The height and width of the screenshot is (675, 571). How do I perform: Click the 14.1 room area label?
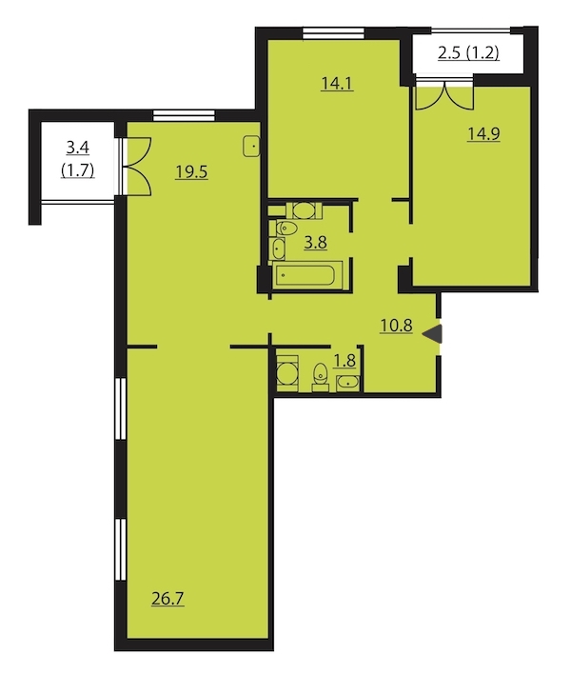tap(337, 84)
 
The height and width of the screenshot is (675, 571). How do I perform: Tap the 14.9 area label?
tap(483, 134)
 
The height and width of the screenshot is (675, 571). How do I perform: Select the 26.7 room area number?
tap(167, 599)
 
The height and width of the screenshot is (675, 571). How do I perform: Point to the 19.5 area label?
tap(191, 172)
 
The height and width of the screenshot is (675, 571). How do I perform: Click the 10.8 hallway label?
tap(396, 326)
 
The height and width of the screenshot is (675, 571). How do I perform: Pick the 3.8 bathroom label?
tap(315, 243)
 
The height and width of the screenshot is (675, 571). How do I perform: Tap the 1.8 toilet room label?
tap(345, 361)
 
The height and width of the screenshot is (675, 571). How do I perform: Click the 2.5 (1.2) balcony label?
tap(468, 53)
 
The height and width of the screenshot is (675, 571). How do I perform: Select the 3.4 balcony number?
tap(77, 148)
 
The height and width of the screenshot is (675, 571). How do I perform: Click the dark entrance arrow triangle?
tap(432, 334)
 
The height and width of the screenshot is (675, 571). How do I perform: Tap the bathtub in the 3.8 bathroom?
tap(305, 275)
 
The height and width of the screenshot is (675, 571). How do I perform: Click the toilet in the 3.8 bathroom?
tap(286, 228)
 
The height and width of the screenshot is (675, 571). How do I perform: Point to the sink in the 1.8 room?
tap(347, 383)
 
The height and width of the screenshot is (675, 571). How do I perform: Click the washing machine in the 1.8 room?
tap(287, 373)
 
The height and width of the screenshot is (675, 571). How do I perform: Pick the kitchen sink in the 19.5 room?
tap(251, 147)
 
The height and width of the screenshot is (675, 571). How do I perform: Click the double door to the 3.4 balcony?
tap(136, 167)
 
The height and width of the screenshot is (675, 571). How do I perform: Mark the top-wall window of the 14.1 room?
tap(333, 33)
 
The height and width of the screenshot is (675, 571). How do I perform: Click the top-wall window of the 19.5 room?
tap(185, 116)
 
